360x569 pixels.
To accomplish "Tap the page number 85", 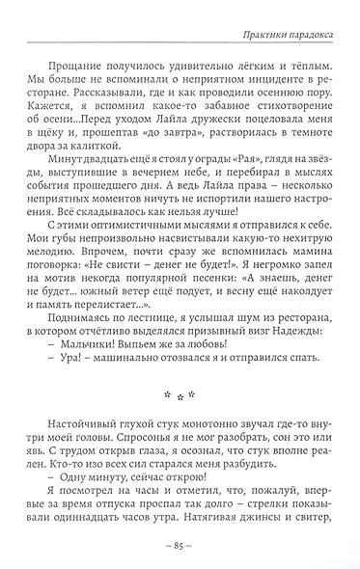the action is pyautogui.click(x=180, y=546).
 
